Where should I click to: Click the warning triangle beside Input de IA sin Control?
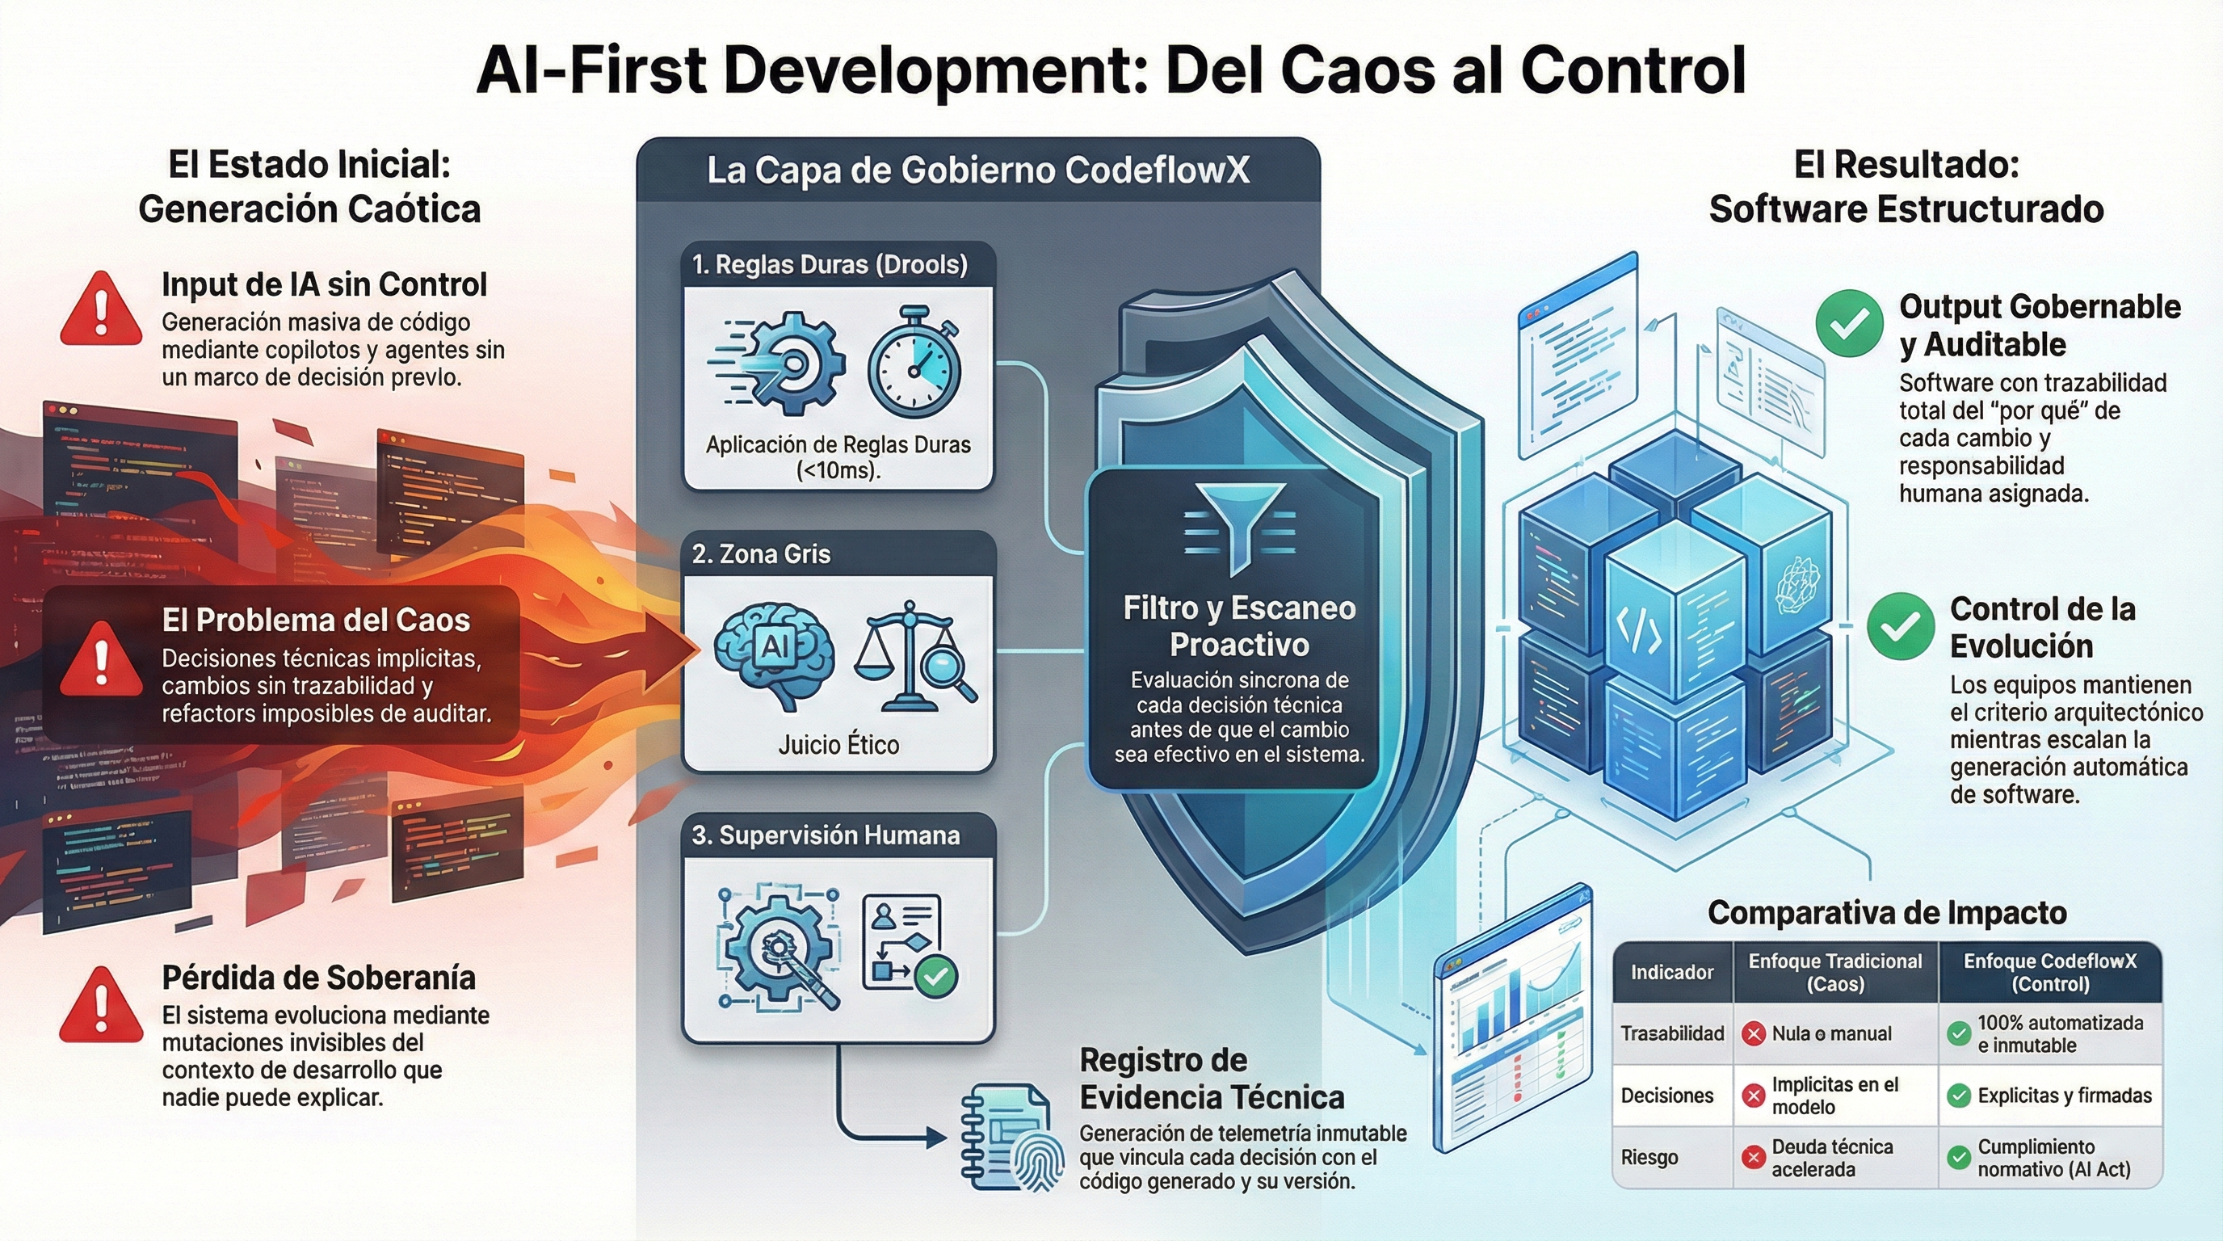[x=101, y=309]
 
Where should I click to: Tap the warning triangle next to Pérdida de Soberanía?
[x=101, y=1006]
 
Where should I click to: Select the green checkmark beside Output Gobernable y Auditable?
[x=1848, y=324]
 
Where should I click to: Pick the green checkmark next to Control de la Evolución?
[x=1899, y=626]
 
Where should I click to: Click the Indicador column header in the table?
[x=1671, y=973]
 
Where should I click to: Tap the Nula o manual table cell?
[x=1830, y=1034]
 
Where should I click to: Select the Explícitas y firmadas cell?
[x=2063, y=1096]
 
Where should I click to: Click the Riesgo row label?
[x=1649, y=1157]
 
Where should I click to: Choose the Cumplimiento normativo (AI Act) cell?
[x=2053, y=1158]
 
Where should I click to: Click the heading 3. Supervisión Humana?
[x=825, y=835]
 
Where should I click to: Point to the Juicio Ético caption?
[x=838, y=744]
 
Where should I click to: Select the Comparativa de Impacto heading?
[x=1886, y=912]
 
